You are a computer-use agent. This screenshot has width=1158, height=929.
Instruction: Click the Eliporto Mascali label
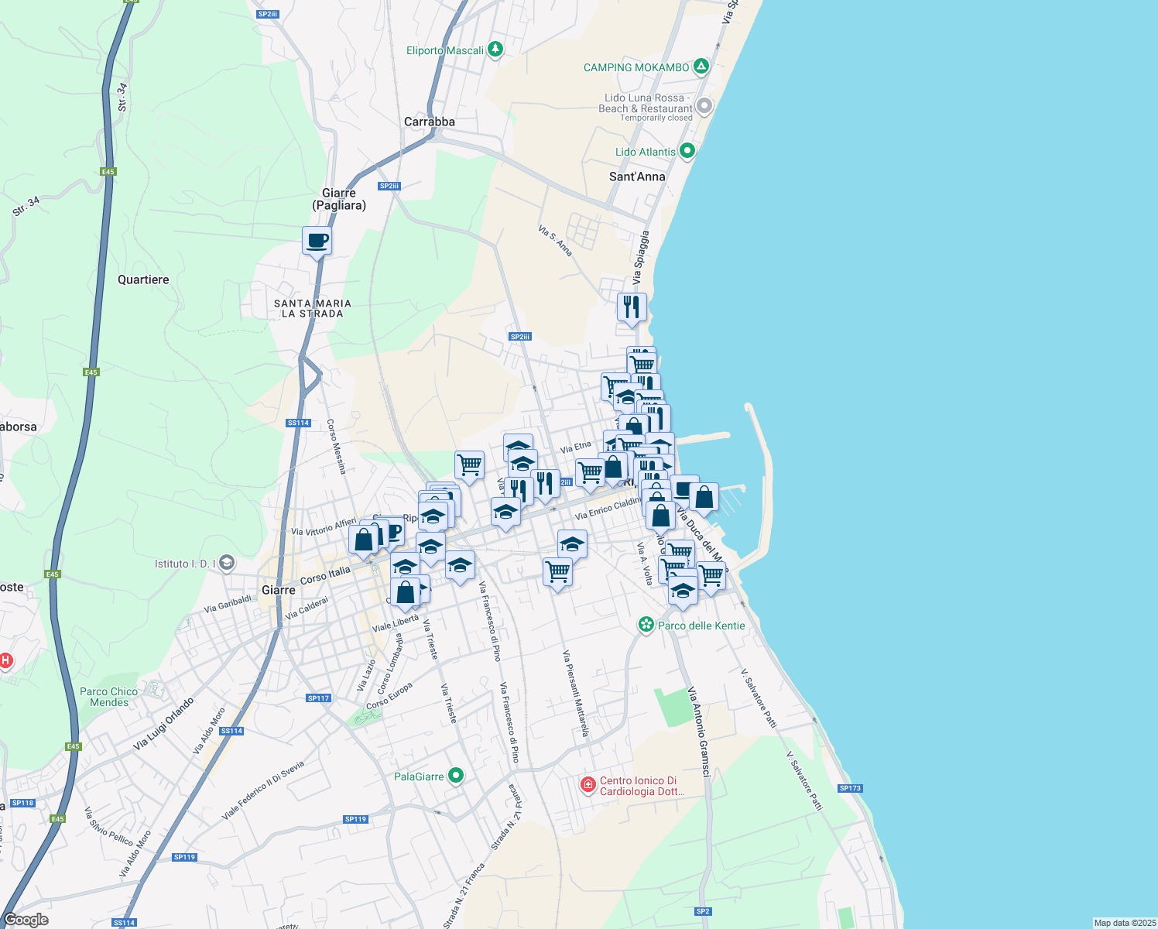point(445,50)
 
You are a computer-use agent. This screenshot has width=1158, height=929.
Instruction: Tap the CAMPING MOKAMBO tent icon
point(701,67)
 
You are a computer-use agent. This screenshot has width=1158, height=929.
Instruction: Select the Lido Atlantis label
point(646,152)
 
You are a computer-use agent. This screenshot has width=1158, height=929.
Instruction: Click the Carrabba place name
point(430,122)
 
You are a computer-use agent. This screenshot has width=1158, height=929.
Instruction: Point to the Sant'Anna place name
point(637,177)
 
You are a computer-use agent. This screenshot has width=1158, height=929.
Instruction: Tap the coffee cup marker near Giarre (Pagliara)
point(317,240)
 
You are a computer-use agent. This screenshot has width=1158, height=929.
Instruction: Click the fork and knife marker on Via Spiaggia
point(632,307)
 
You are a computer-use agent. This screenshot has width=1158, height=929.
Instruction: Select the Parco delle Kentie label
point(701,626)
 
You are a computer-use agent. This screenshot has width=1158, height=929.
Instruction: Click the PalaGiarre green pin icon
point(457,775)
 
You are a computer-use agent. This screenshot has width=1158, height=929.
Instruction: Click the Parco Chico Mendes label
point(109,697)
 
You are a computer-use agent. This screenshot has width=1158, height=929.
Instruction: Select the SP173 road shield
point(849,788)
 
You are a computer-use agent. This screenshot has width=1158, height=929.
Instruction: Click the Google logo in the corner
point(26,920)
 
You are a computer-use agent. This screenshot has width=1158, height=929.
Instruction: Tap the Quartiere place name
point(143,279)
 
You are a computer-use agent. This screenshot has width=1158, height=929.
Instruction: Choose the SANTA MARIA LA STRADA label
point(312,308)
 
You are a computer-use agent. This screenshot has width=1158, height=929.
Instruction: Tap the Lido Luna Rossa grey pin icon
point(704,106)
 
